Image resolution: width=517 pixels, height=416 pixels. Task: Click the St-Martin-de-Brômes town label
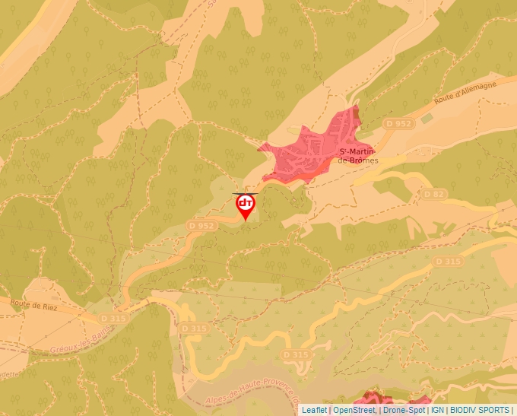(358, 156)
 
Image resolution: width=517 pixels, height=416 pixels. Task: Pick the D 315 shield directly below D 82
(448, 261)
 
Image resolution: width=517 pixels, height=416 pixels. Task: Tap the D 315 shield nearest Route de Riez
(111, 317)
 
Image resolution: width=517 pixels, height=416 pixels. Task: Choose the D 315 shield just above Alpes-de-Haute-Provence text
(296, 354)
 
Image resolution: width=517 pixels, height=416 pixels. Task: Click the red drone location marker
(246, 206)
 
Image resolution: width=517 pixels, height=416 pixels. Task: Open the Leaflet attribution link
(314, 410)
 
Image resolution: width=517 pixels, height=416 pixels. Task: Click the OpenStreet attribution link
(354, 410)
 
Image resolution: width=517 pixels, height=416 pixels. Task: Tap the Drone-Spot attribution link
(404, 410)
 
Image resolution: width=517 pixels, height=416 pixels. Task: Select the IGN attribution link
(438, 410)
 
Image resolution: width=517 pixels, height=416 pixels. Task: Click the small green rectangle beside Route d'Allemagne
(427, 118)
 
